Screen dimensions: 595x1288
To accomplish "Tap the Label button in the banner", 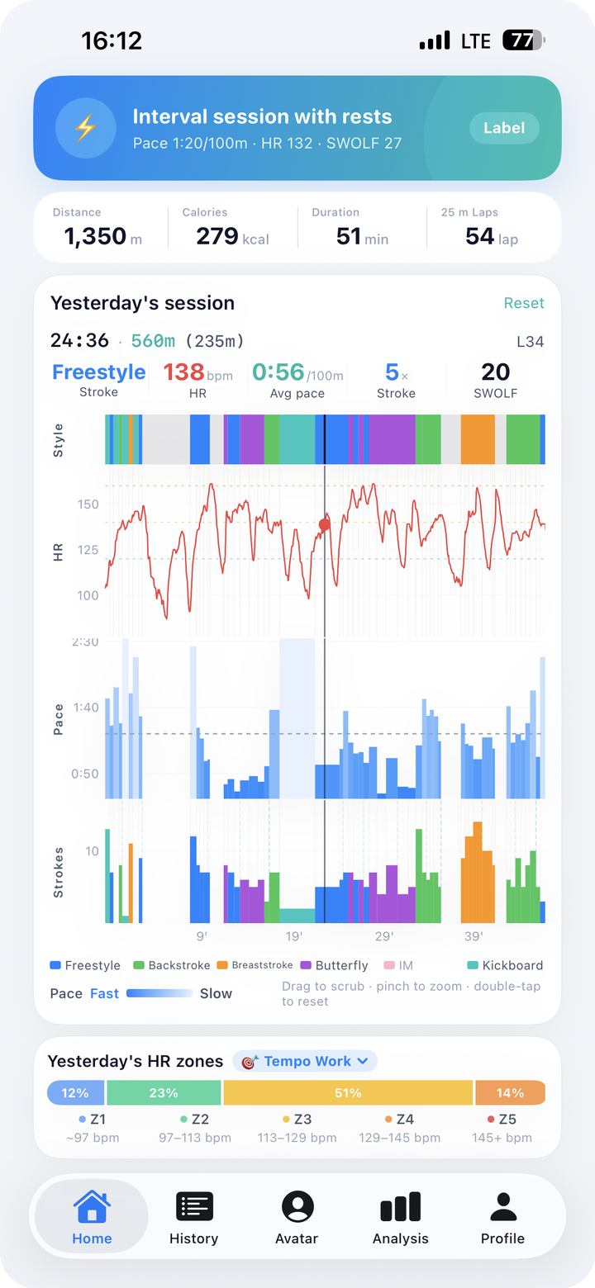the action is click(504, 128).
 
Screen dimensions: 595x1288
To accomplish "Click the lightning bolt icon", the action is click(85, 128).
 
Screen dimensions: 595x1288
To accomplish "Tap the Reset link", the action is click(524, 303).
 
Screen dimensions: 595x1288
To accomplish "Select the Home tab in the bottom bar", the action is click(92, 1217).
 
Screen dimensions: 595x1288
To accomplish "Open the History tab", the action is click(194, 1217).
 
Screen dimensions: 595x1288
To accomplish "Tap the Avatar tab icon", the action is click(297, 1205).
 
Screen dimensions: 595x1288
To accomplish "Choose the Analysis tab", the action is click(400, 1217).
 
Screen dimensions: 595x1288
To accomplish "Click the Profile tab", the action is click(502, 1217).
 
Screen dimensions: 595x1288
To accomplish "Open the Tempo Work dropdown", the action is click(305, 1061).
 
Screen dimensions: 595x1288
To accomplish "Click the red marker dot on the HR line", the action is click(325, 524).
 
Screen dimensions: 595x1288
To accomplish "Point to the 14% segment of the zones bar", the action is click(510, 1092).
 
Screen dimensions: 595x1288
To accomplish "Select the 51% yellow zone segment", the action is click(348, 1092).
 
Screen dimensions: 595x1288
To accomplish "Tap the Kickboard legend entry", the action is click(505, 965).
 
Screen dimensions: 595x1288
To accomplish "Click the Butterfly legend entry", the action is click(335, 965).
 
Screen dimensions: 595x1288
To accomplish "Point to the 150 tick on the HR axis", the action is click(88, 504).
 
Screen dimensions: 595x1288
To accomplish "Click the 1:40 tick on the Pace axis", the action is click(86, 708).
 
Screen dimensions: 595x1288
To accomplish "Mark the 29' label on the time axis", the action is click(384, 936).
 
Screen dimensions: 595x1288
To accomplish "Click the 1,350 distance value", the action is click(95, 236).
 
